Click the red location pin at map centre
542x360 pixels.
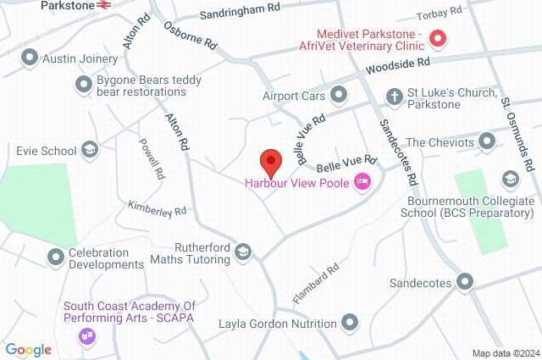(270, 159)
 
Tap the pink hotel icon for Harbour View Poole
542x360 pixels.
(362, 180)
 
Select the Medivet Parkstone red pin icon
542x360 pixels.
(437, 38)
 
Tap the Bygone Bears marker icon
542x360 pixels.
(83, 83)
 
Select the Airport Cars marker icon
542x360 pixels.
(340, 94)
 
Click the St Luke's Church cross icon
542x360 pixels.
(395, 95)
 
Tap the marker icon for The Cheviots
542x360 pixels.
(487, 140)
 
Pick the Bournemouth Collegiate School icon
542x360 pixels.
(510, 179)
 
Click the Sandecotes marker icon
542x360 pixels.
(465, 281)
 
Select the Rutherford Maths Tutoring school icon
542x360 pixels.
(244, 252)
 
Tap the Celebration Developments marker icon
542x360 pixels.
(56, 255)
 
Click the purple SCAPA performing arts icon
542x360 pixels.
(86, 336)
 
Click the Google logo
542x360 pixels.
(28, 349)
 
